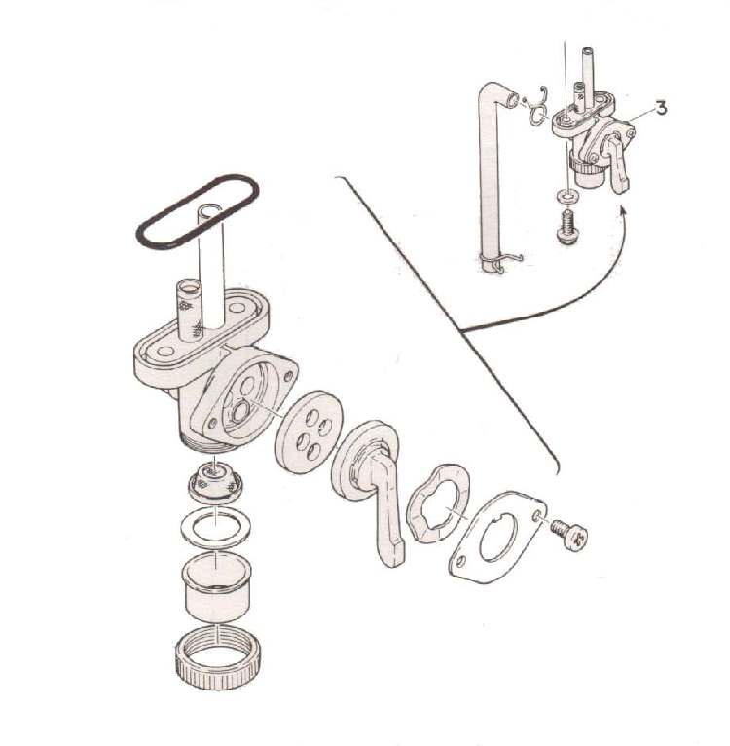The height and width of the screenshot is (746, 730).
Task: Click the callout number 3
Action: coord(661,108)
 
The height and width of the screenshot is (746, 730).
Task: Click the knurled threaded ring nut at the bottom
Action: coord(217,658)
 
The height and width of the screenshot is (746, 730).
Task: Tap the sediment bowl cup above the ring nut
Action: coord(217,587)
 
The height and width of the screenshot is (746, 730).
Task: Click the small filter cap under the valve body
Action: coord(214,481)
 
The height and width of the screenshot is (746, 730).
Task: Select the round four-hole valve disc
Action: coord(309,431)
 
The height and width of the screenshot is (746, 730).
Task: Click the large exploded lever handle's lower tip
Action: coord(391,557)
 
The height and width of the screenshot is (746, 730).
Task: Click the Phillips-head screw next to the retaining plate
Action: coord(570,535)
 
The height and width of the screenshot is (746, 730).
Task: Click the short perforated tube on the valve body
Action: coord(189,310)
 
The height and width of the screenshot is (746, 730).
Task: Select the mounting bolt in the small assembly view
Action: coord(566,228)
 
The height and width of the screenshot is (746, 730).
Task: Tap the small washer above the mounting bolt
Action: coord(566,196)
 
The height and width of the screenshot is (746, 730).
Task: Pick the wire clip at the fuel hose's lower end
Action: coord(499,262)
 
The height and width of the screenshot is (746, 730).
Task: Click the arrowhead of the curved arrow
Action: coord(623,210)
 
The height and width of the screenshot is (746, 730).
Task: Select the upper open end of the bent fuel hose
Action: coord(512,100)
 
